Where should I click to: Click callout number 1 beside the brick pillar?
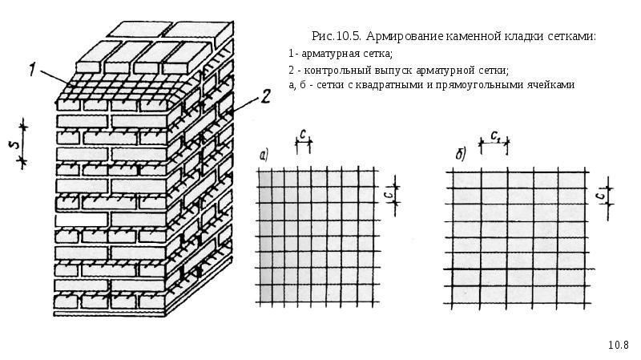click(x=37, y=71)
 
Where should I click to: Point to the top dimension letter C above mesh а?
click(x=303, y=135)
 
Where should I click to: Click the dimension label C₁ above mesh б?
click(x=498, y=135)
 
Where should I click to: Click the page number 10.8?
click(x=618, y=345)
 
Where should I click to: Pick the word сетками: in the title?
click(x=573, y=37)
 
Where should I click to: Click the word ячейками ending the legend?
click(x=552, y=84)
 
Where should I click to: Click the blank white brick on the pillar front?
click(x=80, y=218)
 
